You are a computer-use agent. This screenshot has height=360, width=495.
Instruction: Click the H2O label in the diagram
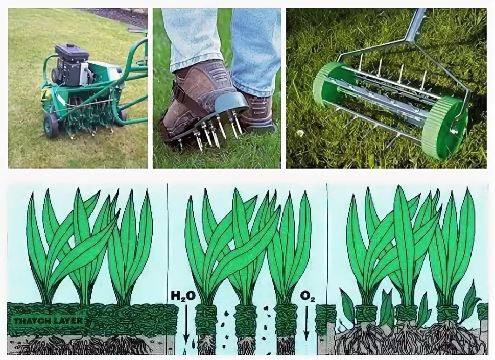click(183, 296)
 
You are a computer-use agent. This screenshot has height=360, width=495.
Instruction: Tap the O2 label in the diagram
click(308, 297)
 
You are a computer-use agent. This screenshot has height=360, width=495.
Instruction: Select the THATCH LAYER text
click(49, 322)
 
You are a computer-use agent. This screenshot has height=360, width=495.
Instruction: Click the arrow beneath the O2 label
click(306, 322)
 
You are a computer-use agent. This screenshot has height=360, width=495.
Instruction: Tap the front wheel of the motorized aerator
click(51, 126)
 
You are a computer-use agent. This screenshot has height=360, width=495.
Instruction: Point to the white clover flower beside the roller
click(299, 133)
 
